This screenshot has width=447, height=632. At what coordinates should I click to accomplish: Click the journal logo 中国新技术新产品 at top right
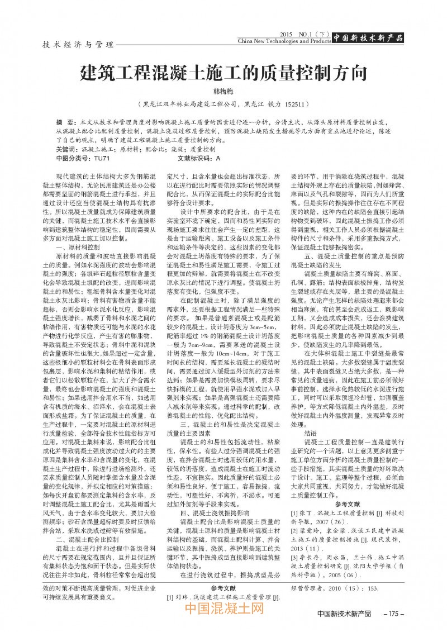pos(368,38)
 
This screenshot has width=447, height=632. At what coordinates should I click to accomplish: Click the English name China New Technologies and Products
pos(284,41)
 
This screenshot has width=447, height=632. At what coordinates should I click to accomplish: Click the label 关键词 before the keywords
pos(68,150)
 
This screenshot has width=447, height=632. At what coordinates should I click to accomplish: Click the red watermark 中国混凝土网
pos(223,609)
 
